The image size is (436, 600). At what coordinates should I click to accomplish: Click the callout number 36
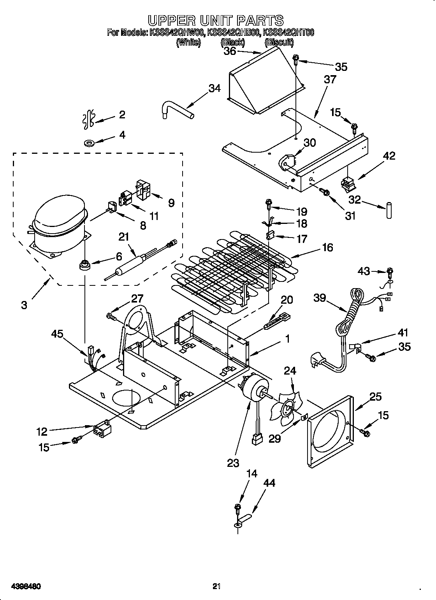click(230, 51)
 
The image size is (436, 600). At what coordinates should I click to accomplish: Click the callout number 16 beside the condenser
click(327, 247)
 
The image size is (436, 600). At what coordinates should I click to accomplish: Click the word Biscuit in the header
click(279, 43)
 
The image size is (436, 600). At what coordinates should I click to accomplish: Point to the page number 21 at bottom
click(217, 575)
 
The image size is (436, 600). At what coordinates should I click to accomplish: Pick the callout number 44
click(269, 483)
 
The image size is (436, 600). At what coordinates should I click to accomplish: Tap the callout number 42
click(389, 156)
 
